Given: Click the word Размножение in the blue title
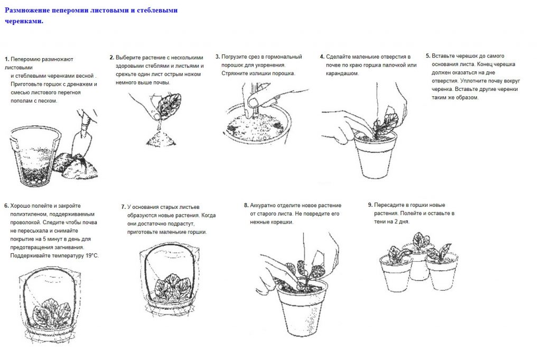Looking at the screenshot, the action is [x=27, y=10].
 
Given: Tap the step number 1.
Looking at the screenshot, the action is [x=6, y=59].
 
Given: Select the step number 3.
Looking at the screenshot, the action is [x=217, y=57].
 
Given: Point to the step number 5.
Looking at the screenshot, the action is [x=428, y=56].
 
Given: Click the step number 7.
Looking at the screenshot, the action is [x=123, y=207].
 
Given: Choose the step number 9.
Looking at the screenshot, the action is [x=370, y=205].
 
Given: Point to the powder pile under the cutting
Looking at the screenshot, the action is [x=161, y=138].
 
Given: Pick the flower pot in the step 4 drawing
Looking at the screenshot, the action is [x=376, y=155].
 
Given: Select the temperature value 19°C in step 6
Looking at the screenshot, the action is [x=92, y=256].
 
